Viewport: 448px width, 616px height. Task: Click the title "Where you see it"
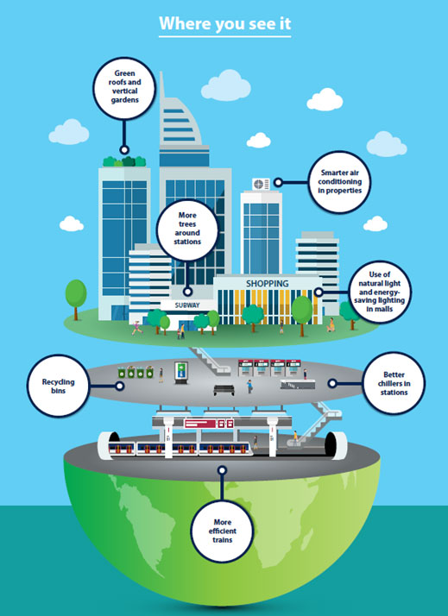click(224, 23)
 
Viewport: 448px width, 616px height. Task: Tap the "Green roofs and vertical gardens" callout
click(124, 88)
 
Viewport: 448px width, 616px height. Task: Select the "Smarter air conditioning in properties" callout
click(340, 182)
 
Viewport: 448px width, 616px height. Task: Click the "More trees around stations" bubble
click(187, 230)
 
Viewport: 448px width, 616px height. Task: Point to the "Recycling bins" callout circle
click(58, 386)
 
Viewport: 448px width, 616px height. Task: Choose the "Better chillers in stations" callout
click(394, 383)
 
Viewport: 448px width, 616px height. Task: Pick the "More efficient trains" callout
click(223, 531)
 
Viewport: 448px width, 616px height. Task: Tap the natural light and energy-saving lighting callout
click(380, 292)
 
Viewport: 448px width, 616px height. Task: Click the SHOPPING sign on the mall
click(268, 283)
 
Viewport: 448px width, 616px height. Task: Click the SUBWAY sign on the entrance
click(187, 305)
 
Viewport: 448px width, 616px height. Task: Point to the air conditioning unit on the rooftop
click(261, 184)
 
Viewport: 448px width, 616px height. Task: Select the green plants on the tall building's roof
click(124, 161)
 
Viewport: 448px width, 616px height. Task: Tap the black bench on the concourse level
click(224, 390)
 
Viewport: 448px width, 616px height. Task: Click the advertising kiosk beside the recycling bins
click(181, 374)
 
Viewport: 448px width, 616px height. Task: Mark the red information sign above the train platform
click(209, 424)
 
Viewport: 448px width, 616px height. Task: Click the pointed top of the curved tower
click(161, 72)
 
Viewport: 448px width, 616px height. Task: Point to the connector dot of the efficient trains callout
click(223, 470)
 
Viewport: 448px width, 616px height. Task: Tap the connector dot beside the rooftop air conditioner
click(278, 182)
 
